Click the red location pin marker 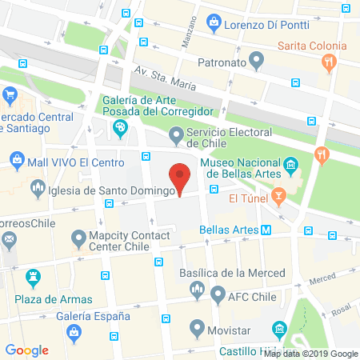coord(181,177)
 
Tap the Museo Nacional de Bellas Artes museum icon coord(291,166)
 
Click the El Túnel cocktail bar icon coord(278,196)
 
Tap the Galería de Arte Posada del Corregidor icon coord(121,128)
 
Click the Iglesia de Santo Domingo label coord(112,190)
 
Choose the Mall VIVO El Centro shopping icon coord(16,161)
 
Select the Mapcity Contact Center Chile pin coord(78,238)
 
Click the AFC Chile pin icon coord(217,294)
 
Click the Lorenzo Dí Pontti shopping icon coord(214,24)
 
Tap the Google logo coord(27,350)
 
